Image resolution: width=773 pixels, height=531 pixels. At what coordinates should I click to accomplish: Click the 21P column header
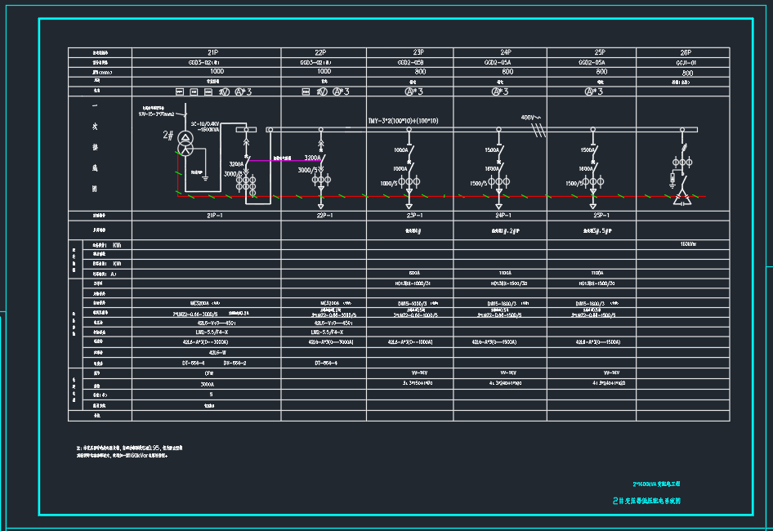point(212,51)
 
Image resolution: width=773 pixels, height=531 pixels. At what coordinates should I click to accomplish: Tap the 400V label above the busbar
point(531,118)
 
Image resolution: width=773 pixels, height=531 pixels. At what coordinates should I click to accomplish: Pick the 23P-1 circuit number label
point(409,216)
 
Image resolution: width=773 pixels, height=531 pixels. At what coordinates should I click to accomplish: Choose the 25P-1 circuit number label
point(602,216)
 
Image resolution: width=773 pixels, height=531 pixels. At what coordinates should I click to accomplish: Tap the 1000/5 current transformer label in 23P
point(390,184)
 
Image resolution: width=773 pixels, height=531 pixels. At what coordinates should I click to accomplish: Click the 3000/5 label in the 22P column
point(307,170)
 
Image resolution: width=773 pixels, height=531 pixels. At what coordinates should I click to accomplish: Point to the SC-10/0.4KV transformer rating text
point(204,124)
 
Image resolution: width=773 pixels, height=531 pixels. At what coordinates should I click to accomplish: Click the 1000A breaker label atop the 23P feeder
point(400,150)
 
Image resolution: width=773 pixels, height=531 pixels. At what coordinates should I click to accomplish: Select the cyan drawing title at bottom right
point(646,501)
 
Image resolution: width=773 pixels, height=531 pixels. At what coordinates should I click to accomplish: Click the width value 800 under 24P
point(507,72)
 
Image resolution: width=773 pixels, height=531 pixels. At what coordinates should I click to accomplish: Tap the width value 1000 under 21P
point(212,72)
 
